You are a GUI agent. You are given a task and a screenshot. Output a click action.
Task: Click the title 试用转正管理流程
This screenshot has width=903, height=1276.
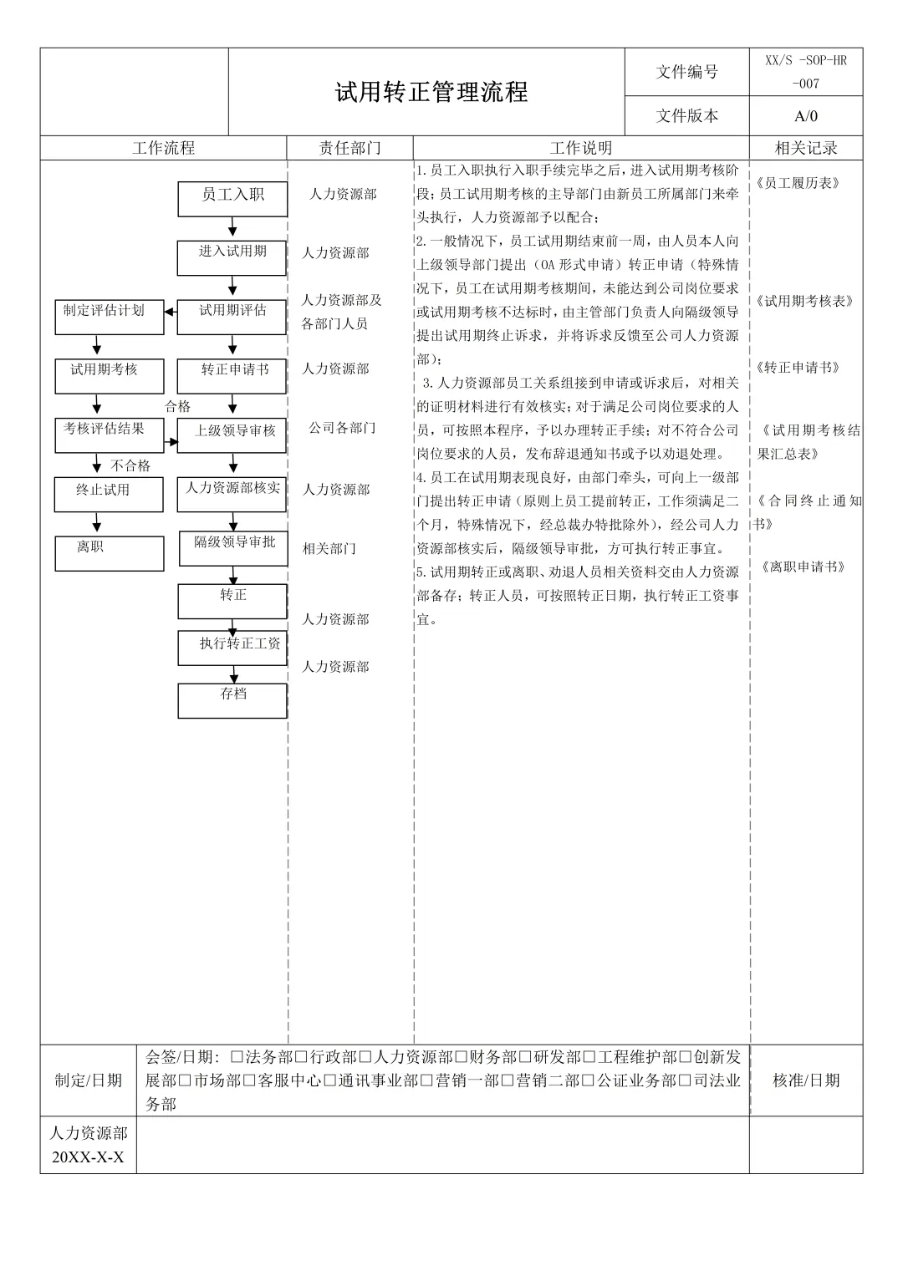[431, 92]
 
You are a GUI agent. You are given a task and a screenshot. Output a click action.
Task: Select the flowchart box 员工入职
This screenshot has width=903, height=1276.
[232, 199]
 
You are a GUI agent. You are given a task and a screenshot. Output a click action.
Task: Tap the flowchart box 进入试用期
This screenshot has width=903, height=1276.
[232, 257]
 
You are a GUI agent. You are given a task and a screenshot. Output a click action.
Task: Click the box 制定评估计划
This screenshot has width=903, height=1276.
[109, 317]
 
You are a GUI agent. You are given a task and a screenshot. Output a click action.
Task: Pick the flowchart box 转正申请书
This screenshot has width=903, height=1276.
[232, 375]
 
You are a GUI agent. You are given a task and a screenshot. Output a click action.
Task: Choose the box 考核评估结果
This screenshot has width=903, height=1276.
[109, 435]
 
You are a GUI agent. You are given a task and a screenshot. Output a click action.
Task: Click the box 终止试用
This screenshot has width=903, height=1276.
[109, 495]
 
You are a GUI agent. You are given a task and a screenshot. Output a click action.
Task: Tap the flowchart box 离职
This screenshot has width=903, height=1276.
[109, 553]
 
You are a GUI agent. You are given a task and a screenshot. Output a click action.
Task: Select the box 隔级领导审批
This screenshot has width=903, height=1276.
[233, 548]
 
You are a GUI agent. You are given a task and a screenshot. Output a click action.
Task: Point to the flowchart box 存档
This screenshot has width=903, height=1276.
[232, 700]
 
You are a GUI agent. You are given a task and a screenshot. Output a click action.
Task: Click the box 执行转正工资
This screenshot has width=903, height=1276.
[232, 648]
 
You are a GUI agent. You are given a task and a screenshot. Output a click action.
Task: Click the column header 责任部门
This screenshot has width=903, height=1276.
[349, 148]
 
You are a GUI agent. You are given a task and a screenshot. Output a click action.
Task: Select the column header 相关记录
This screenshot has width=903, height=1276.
[806, 148]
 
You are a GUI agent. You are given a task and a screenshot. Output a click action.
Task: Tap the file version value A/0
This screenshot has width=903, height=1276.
[806, 116]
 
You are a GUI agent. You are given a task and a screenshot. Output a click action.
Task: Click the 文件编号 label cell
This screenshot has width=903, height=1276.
[686, 72]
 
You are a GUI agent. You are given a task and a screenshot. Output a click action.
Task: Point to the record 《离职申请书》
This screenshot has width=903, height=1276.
[803, 567]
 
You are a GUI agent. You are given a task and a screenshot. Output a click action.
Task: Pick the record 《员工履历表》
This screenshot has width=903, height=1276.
[798, 183]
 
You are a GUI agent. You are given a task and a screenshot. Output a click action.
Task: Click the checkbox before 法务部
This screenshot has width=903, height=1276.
[237, 1057]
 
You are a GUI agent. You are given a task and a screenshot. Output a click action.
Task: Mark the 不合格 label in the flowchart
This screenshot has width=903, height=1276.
[130, 465]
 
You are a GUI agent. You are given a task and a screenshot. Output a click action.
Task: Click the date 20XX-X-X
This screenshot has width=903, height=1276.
[88, 1157]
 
